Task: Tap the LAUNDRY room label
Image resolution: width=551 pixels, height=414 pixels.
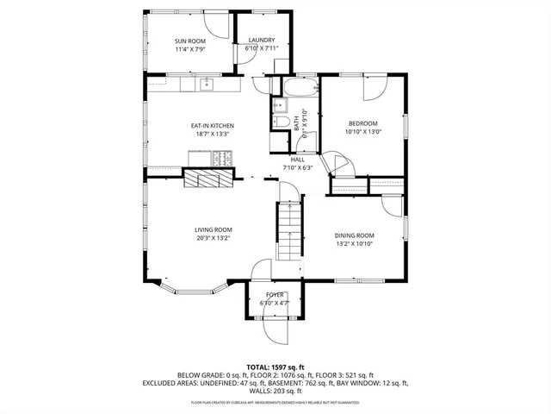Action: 261,41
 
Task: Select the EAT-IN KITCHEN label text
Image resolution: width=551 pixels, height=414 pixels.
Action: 212,126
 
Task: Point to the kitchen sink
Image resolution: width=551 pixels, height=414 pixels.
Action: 207,84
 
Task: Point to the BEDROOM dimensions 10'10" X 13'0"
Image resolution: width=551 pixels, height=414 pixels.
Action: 362,132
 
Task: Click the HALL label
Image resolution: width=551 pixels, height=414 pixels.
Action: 298,160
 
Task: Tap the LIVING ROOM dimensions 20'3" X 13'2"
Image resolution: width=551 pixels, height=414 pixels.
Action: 212,237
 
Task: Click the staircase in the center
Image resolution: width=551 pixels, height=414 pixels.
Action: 290,231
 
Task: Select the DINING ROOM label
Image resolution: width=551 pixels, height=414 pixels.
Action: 354,235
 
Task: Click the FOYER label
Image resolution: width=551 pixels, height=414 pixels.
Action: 274,295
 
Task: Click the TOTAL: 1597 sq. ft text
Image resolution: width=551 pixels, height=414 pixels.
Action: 275,367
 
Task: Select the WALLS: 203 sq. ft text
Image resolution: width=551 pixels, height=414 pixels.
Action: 275,390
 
